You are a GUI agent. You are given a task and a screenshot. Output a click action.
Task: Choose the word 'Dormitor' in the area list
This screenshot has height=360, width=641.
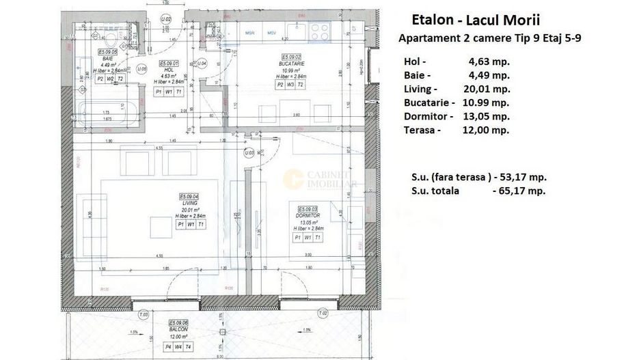click(428, 116)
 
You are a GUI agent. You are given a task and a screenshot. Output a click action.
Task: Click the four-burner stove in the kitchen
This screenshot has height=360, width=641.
click(318, 29)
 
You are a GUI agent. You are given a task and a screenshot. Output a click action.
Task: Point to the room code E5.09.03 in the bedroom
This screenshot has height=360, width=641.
click(306, 208)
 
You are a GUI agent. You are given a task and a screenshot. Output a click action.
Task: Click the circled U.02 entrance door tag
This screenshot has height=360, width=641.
click(166, 20)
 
